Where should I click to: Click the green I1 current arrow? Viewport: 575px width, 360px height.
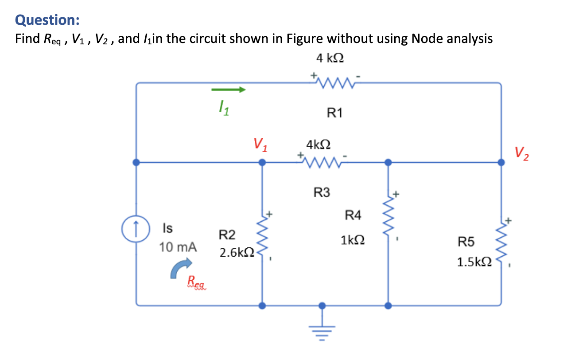(228, 90)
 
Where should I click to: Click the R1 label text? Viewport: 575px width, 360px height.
(334, 113)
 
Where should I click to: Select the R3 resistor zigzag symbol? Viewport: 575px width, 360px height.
(322, 162)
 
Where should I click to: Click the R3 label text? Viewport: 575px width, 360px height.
(322, 193)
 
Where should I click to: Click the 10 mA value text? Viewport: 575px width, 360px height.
(178, 247)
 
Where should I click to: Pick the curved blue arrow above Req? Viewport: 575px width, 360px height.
(181, 268)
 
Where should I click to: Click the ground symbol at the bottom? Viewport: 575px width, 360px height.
(322, 329)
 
